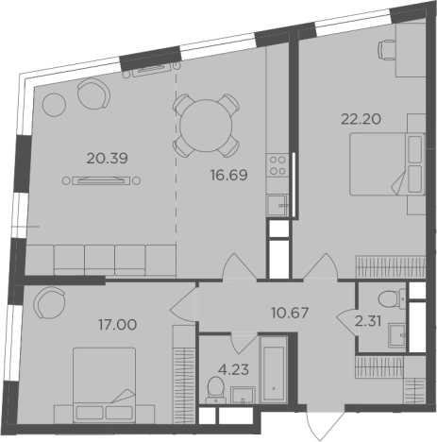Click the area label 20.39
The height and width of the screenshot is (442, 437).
[x=108, y=159]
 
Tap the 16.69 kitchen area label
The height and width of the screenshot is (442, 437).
[x=229, y=175]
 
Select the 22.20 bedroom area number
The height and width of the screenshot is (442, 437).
[x=361, y=119]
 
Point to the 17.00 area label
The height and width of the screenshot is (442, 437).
[x=118, y=325]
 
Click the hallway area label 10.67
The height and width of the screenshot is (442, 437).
[x=290, y=313]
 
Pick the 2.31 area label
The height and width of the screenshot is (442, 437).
[x=368, y=321]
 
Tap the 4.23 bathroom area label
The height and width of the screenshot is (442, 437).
[x=234, y=369]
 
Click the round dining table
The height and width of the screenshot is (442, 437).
[x=206, y=126]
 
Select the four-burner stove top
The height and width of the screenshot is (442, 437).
[x=277, y=165]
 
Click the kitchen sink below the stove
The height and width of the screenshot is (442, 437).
[x=277, y=205]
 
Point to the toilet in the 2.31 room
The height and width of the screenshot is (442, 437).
[x=392, y=298]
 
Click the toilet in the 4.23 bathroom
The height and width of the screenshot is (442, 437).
[x=216, y=390]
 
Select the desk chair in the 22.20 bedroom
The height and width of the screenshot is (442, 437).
[x=386, y=50]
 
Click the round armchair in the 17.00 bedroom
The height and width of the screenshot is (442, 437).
[x=49, y=303]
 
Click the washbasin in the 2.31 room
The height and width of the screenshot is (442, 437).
[x=397, y=335]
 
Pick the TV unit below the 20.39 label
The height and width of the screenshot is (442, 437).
[x=101, y=180]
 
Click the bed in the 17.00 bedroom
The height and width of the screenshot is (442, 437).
[x=105, y=385]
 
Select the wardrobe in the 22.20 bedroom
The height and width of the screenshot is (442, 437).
[x=391, y=267]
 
